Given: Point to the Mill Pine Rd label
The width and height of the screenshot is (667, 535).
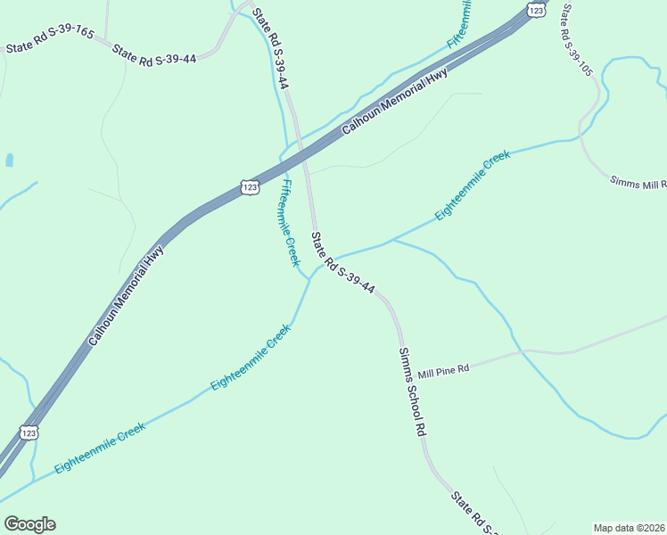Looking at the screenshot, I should point(443,369).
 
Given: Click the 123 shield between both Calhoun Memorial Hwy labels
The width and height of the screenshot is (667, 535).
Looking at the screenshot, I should point(250,186).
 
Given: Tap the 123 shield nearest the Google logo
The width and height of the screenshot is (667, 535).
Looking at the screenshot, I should point(29,432).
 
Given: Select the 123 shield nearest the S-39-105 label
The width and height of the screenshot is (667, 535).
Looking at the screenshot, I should point(535,9).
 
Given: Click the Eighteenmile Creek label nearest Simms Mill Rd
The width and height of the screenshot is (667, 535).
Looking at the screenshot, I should point(473,185).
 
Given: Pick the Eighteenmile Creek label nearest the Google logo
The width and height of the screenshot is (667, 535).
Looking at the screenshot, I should point(100,449).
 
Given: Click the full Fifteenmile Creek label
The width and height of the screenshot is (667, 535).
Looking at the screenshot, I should point(287,223).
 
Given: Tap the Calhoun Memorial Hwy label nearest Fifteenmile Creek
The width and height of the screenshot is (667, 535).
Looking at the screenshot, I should point(394,102).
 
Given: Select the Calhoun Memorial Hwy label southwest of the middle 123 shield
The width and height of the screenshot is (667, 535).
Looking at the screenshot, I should point(128,296).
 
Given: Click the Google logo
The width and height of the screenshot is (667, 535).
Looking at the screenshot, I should point(29,524).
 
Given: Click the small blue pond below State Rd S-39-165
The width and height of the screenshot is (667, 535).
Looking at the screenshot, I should point(10,160).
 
